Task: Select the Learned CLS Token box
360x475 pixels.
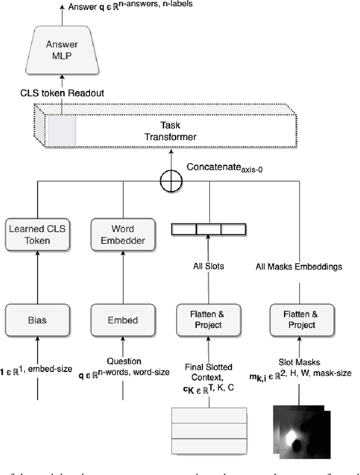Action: [x=37, y=235]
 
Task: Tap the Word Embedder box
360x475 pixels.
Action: [x=122, y=235]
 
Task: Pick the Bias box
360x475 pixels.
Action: [x=37, y=320]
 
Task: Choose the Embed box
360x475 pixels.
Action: [x=122, y=320]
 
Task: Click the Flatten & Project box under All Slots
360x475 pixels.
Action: [x=208, y=320]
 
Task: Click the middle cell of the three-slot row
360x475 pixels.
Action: [x=208, y=229]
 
